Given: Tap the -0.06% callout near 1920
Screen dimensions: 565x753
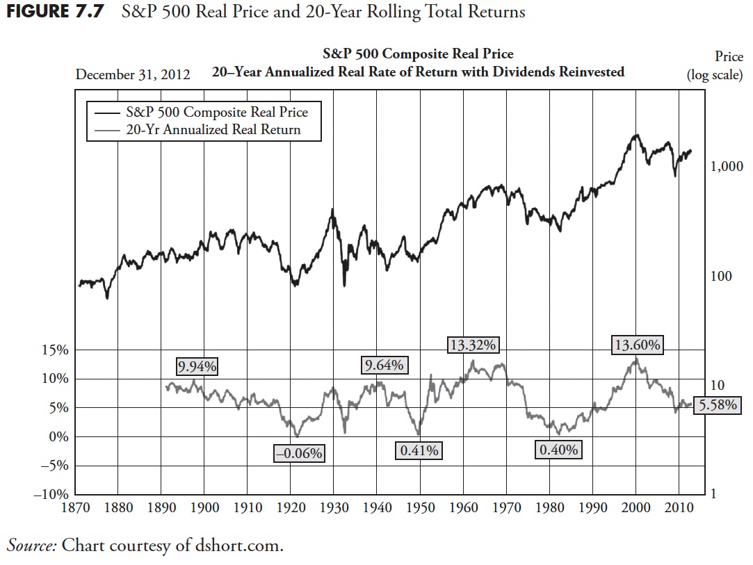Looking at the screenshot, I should coord(300,454).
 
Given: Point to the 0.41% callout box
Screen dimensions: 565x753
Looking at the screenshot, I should coord(419,451).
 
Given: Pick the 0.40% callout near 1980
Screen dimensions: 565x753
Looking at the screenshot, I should coord(559,450).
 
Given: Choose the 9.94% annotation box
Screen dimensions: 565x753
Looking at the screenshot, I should coord(197,366).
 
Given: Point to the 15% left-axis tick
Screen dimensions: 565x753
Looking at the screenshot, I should coord(52,350).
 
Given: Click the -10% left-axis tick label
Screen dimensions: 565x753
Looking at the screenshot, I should coord(49,495).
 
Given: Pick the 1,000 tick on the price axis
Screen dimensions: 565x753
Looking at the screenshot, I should coord(727,167).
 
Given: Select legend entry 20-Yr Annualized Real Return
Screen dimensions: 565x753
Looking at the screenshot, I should coord(213,130).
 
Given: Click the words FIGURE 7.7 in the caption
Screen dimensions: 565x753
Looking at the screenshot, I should coord(52,13).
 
